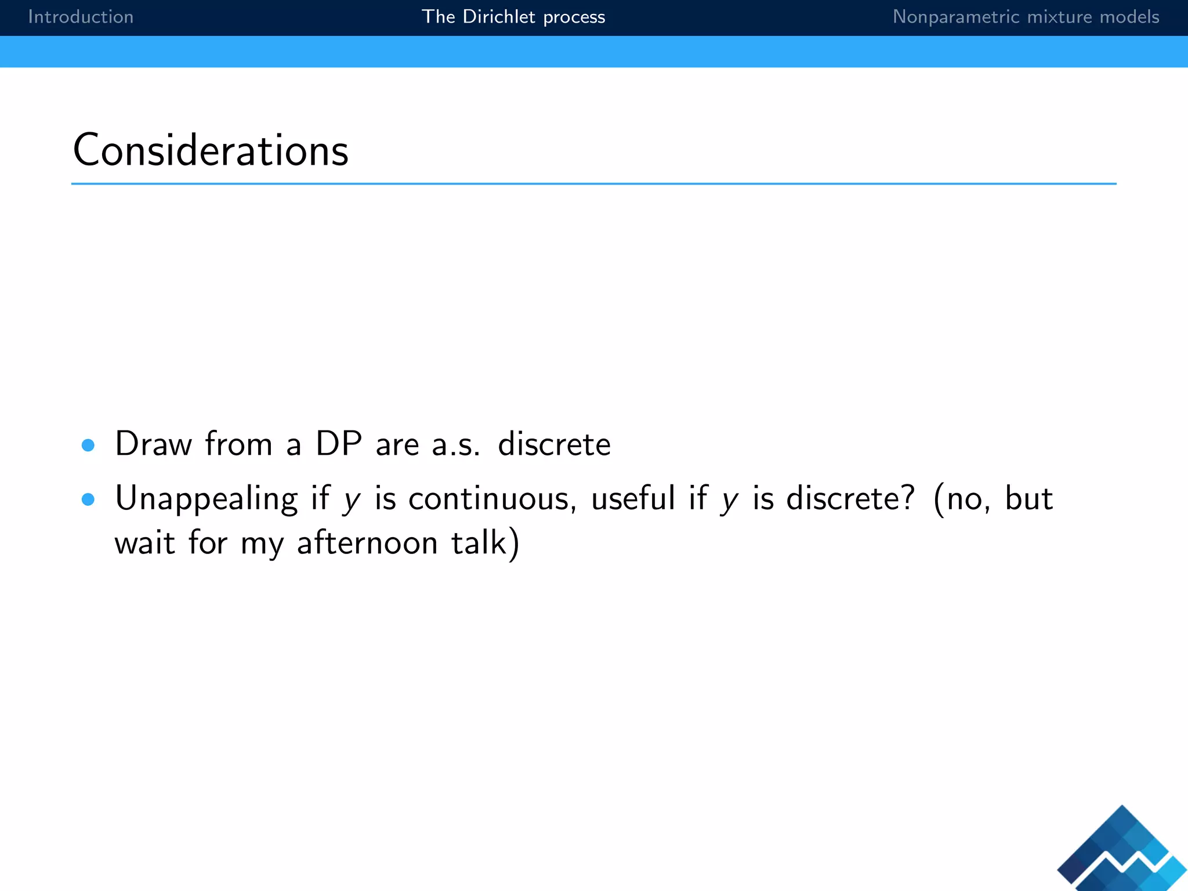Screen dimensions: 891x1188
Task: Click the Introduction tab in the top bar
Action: [x=81, y=17]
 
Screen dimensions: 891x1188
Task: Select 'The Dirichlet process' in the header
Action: [x=513, y=17]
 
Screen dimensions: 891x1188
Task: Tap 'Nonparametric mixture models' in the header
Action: [x=1026, y=17]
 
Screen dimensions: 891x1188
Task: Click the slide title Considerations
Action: [x=211, y=150]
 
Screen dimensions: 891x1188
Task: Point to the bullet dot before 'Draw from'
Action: [x=88, y=445]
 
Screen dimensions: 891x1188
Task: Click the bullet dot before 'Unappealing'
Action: [x=88, y=499]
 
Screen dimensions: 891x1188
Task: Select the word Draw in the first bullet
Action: [x=153, y=444]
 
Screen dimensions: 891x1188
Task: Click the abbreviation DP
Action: [x=339, y=444]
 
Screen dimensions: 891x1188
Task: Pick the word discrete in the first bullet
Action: [x=554, y=444]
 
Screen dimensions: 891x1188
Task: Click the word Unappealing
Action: [x=206, y=499]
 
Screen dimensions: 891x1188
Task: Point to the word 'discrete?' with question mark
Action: [x=850, y=499]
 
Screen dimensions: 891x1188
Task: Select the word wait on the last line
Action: [x=144, y=544]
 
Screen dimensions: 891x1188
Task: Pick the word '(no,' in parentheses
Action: [x=962, y=499]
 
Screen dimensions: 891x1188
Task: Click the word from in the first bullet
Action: [x=238, y=444]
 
